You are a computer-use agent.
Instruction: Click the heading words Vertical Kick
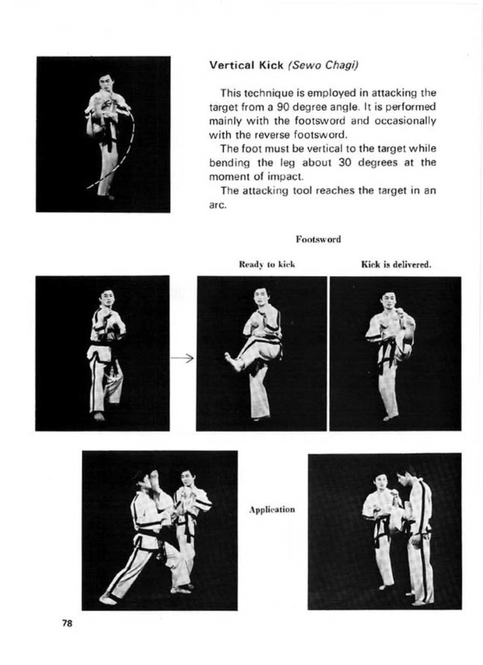coord(246,65)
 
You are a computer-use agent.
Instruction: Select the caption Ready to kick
coord(267,264)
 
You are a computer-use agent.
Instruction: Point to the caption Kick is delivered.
coord(396,264)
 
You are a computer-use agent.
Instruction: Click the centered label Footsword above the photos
coord(318,239)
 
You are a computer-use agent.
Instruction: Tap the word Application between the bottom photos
coord(272,510)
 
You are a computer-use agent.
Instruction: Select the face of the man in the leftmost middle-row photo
coord(107,298)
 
